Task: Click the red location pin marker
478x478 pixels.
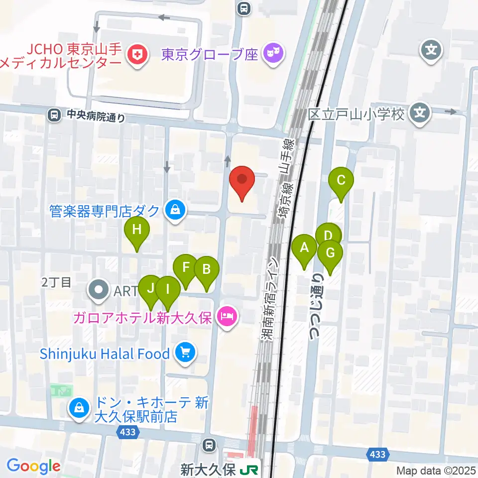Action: (x=242, y=180)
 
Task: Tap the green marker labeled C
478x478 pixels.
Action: (x=341, y=181)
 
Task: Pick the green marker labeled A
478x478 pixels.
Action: (x=304, y=247)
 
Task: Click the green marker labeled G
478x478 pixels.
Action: (x=330, y=253)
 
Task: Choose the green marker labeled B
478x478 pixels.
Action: (x=206, y=270)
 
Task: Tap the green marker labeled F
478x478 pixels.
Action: (x=186, y=267)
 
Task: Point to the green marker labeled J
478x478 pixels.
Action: (x=150, y=288)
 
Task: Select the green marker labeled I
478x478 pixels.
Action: (x=168, y=289)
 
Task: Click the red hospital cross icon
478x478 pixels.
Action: (x=137, y=55)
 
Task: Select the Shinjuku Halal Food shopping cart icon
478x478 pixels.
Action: (x=185, y=354)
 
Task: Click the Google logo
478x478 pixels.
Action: (x=34, y=467)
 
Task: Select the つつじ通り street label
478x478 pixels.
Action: (x=316, y=307)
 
